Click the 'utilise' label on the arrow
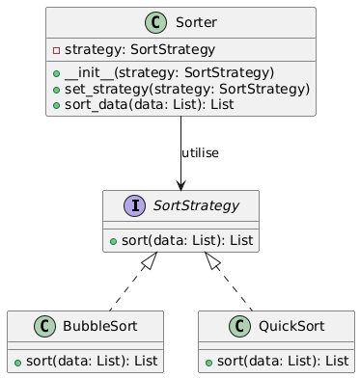(x=200, y=153)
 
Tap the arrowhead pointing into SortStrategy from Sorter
(x=180, y=184)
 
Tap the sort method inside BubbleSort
(x=88, y=361)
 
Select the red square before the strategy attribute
(x=56, y=49)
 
